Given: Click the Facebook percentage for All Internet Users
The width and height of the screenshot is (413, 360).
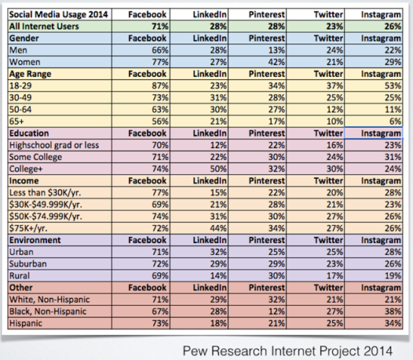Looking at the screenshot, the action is pos(160,27).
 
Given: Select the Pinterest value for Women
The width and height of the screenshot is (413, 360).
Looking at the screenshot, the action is pos(276,62).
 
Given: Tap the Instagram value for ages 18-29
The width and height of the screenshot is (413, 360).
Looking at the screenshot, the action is pos(393,85).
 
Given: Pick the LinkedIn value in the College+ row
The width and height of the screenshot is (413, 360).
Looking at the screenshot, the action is pos(218,169).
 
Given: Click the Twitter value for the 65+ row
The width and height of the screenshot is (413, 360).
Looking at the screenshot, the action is pos(334,122).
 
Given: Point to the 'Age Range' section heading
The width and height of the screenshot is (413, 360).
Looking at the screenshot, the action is pos(30,74).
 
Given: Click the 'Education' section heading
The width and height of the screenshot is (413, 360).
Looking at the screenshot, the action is pos(29,133).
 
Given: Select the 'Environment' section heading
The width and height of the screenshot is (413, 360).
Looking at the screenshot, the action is pos(35,240).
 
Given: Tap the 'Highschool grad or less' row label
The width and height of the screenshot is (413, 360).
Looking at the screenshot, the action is pos(54,145).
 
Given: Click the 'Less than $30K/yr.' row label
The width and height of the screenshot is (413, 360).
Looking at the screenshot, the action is pos(45,193).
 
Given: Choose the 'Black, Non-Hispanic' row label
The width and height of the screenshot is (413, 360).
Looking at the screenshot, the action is pos(48,311).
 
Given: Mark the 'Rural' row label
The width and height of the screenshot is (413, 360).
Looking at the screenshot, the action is pos(20,276).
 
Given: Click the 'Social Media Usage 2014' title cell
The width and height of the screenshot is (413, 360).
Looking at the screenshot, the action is pos(58,14).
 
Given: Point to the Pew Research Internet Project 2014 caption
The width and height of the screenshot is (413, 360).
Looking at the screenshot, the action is pos(287,351).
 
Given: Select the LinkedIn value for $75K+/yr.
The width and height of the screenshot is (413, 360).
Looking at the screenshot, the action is pos(218,228).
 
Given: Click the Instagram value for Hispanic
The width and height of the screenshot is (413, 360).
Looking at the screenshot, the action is pos(393,323).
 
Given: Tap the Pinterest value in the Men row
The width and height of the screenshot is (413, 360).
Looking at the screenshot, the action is pos(276,50).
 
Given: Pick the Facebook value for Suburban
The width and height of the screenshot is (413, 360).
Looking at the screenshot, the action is pos(160,264).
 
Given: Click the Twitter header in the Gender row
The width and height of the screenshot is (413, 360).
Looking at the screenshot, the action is pos(328,38).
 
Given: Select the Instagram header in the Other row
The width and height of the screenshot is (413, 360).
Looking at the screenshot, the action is pos(381,288).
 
